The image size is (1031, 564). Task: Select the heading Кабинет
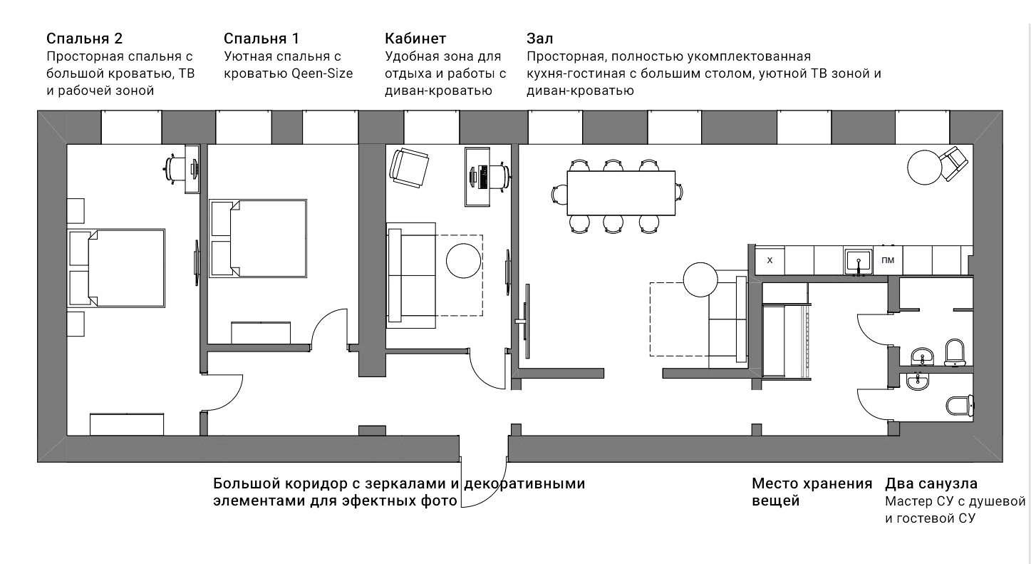click(x=415, y=39)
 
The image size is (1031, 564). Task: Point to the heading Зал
click(x=540, y=39)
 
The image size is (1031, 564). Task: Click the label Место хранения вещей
click(x=812, y=492)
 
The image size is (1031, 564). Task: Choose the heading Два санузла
click(x=931, y=484)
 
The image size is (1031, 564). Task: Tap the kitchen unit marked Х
click(x=770, y=260)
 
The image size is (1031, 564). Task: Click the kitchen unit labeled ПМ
click(x=888, y=260)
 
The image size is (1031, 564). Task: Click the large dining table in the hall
click(x=621, y=193)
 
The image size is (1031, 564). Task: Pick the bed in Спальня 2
click(x=118, y=268)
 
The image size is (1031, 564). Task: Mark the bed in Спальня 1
click(x=258, y=237)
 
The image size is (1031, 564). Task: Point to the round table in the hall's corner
click(x=925, y=166)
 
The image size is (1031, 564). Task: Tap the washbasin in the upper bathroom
click(x=924, y=356)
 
